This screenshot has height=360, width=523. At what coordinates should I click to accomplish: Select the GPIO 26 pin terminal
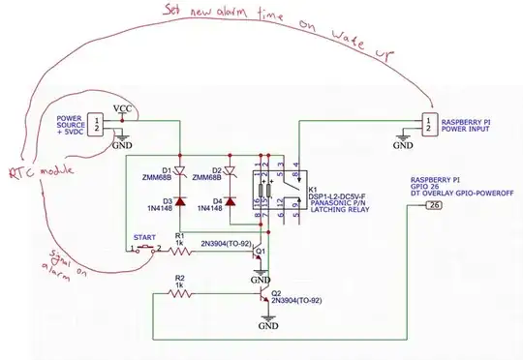pyautogui.click(x=435, y=205)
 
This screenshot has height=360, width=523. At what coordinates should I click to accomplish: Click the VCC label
pyautogui.click(x=123, y=108)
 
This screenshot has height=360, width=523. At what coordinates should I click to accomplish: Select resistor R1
pyautogui.click(x=180, y=251)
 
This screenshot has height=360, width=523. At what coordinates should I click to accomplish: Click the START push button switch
pyautogui.click(x=143, y=249)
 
